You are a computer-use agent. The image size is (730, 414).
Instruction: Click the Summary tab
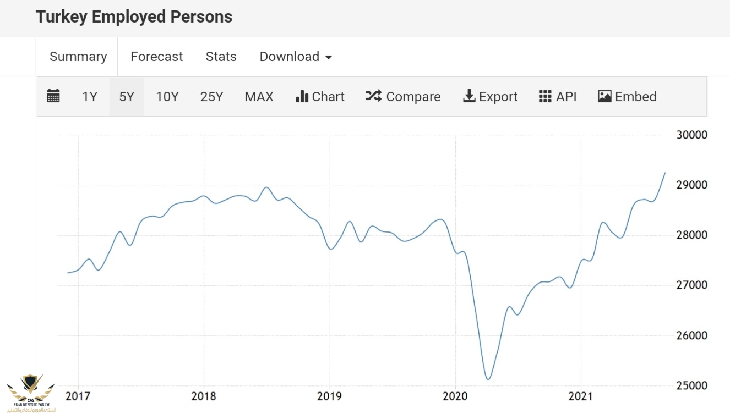pyautogui.click(x=78, y=57)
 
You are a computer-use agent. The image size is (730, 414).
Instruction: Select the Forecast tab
pyautogui.click(x=156, y=57)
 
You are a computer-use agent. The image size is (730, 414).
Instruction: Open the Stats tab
pyautogui.click(x=221, y=57)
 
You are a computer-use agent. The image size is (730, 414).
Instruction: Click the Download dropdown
pyautogui.click(x=296, y=57)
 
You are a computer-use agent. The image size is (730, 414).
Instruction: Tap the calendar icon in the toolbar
pyautogui.click(x=53, y=97)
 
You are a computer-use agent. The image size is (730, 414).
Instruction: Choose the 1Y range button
pyautogui.click(x=89, y=97)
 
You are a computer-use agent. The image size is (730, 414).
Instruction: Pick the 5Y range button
pyautogui.click(x=127, y=97)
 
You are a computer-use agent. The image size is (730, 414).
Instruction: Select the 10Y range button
pyautogui.click(x=167, y=97)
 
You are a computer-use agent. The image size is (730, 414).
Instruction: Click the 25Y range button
pyautogui.click(x=211, y=97)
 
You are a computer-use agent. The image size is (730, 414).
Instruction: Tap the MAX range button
pyautogui.click(x=259, y=97)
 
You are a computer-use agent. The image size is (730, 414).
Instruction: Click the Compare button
pyautogui.click(x=403, y=97)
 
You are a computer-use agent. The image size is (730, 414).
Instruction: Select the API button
pyautogui.click(x=558, y=97)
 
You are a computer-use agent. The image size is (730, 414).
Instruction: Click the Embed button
pyautogui.click(x=627, y=97)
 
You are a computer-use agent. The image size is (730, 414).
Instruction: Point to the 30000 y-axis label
pyautogui.click(x=691, y=135)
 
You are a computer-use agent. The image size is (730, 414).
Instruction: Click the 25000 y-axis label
pyautogui.click(x=691, y=385)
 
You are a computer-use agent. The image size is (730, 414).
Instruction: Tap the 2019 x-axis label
pyautogui.click(x=329, y=396)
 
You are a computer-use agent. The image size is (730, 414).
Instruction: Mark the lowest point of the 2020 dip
pyautogui.click(x=488, y=379)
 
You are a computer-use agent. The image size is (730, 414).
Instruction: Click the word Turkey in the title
pyautogui.click(x=62, y=17)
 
